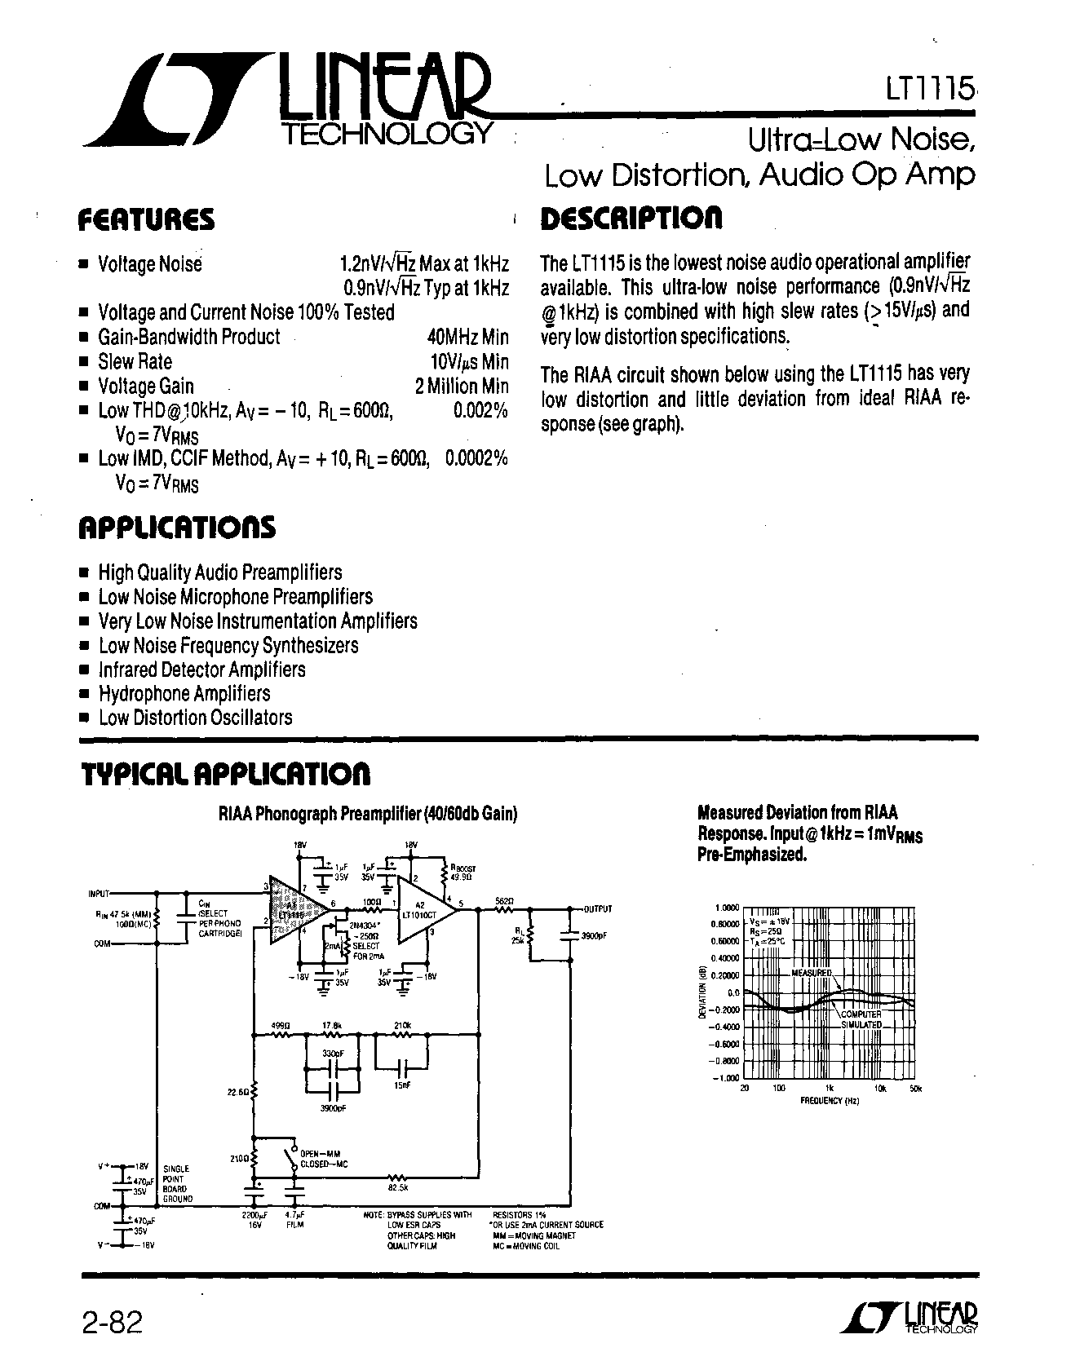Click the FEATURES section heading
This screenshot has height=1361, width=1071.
point(147,219)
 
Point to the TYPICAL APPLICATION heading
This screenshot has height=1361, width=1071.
point(226,774)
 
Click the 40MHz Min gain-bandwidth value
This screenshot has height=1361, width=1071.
point(467,337)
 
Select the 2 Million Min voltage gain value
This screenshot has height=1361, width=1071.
point(462,386)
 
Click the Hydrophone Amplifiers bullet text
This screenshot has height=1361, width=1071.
point(184,694)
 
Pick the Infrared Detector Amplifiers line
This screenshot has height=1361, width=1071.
point(201,669)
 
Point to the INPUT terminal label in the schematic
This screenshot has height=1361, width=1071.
point(99,893)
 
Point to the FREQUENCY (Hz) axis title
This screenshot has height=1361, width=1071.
point(830,1100)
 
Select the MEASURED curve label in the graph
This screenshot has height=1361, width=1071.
point(812,973)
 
